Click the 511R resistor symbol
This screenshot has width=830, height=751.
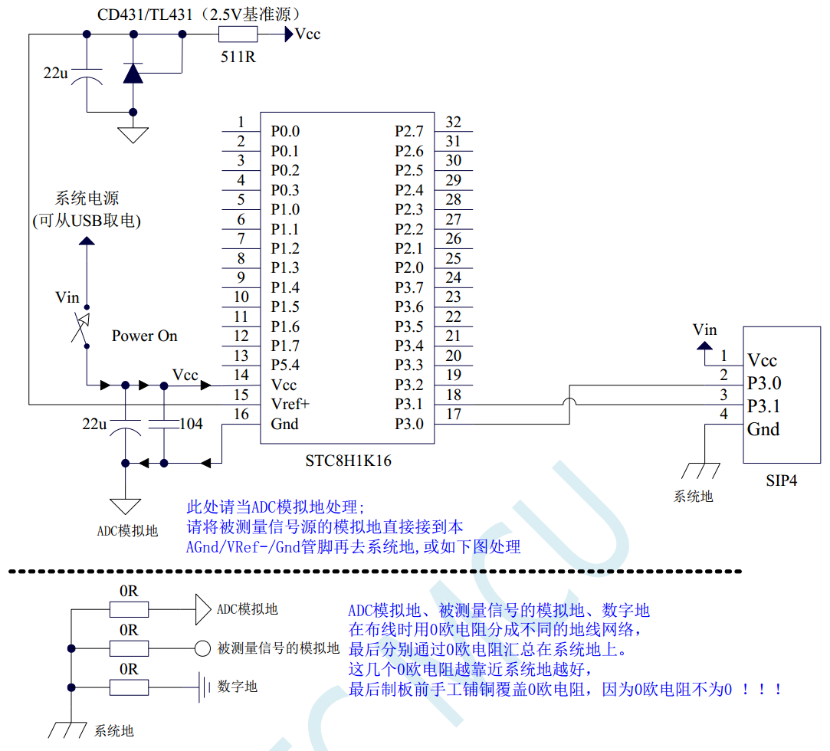238,34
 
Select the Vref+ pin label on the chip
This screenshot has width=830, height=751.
290,404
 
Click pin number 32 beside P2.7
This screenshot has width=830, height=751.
454,122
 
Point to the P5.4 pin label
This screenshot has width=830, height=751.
284,365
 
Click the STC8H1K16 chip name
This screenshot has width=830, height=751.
348,461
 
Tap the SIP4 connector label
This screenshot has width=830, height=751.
781,481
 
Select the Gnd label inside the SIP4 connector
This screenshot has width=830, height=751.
763,429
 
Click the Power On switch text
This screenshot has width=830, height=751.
144,336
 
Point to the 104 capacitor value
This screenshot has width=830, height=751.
191,424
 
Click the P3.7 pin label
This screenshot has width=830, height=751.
409,287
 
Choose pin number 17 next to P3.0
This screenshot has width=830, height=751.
454,414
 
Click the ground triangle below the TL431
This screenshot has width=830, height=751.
133,135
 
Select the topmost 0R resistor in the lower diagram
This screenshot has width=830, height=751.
129,609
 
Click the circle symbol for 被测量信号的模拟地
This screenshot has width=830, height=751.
202,648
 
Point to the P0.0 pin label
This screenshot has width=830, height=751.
284,132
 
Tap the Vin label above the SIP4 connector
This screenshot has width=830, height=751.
704,330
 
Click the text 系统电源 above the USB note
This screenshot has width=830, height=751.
87,199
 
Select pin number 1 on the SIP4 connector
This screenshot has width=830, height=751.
723,356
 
